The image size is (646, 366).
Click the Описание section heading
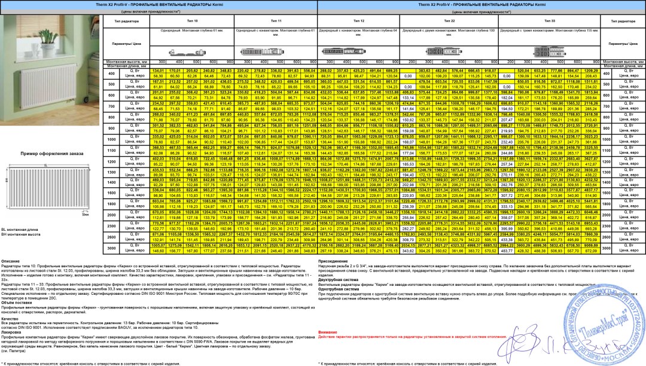pyautogui.click(x=10, y=278)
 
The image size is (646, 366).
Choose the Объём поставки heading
pyautogui.click(x=14, y=303)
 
